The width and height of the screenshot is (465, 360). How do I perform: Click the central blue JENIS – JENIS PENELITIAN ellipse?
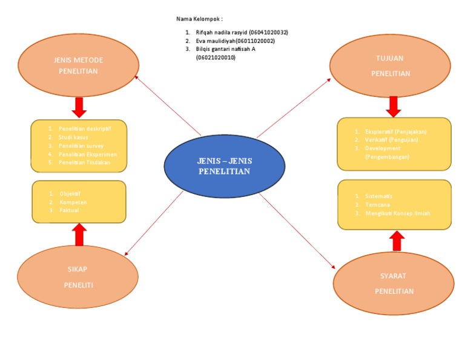point(224,166)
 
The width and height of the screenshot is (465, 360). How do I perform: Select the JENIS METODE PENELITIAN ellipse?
point(78,65)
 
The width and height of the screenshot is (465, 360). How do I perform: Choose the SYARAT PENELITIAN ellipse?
point(394,284)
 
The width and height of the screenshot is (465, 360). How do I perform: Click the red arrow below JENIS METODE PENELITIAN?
point(79,107)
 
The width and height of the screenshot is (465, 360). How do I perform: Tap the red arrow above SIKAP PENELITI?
point(79,235)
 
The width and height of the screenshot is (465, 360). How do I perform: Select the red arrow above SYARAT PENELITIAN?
point(397,240)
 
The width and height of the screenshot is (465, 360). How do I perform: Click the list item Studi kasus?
point(73,138)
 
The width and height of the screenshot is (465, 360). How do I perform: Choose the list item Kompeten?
point(73,202)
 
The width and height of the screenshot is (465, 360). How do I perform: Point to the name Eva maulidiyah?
point(215,41)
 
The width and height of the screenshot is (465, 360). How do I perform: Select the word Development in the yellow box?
point(383,148)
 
